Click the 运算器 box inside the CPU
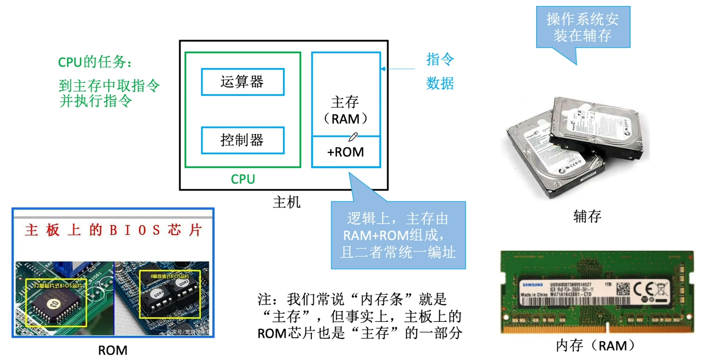coord(243,82)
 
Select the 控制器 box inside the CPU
coord(243,140)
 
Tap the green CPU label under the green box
coord(243,179)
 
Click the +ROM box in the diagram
coord(345,152)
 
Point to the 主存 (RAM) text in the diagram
coord(345,110)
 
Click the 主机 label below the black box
coord(286,202)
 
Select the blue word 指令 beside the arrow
coord(440,59)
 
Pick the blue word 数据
coord(440,83)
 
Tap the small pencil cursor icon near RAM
coord(353,136)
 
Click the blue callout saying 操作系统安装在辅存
coord(582,27)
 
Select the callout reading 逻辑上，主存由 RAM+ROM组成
coord(398,235)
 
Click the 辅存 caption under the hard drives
coord(587,217)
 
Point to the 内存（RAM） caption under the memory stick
coord(595,346)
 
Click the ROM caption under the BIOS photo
coord(113,350)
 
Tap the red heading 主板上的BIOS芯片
coord(113,230)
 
